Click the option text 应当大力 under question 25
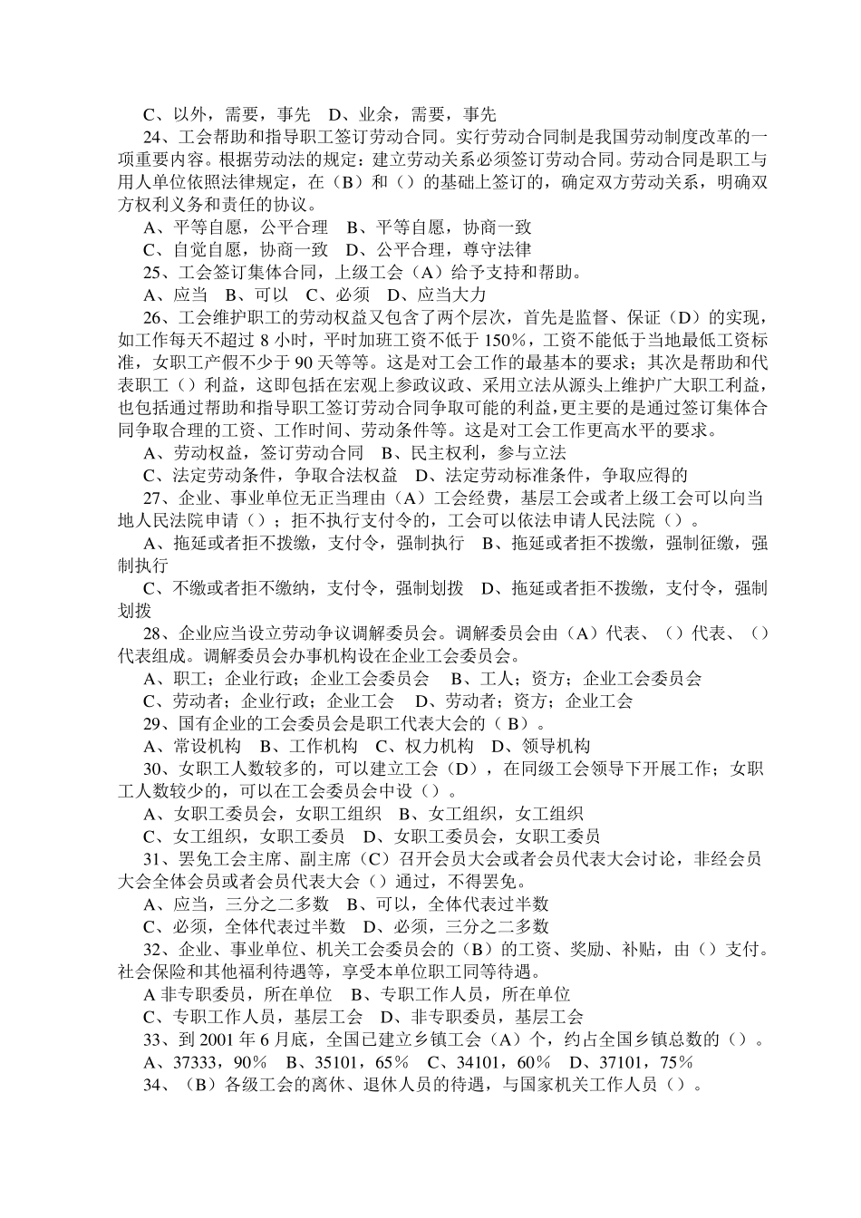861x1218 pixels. [x=452, y=295]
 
